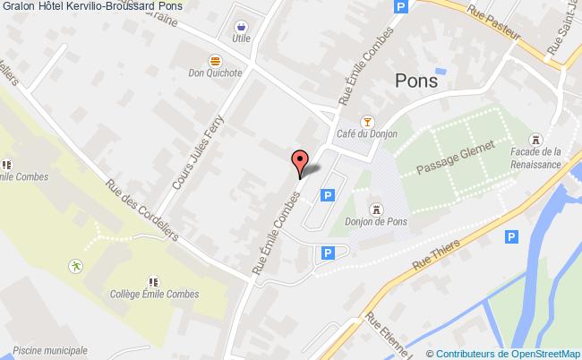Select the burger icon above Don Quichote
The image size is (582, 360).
pos(215,60)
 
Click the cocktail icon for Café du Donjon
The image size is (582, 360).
pos(365,121)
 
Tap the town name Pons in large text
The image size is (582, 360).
pos(416,80)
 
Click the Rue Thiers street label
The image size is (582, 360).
pos(436,255)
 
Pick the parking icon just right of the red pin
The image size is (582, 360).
pos(328,194)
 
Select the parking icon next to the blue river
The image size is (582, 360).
pos(511,236)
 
